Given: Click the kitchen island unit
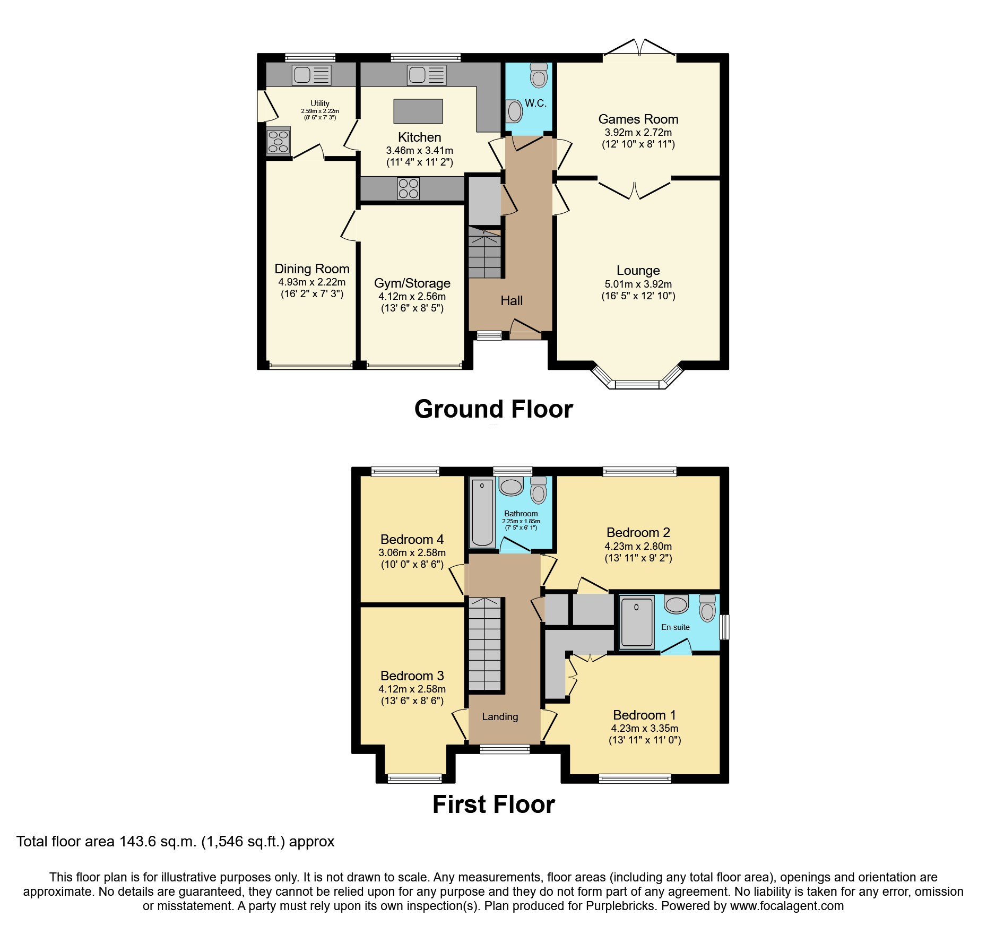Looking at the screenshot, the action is click(x=418, y=111).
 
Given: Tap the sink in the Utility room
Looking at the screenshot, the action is click(x=311, y=75).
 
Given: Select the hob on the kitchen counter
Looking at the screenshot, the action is click(x=409, y=189).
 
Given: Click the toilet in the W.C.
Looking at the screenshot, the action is click(x=539, y=75).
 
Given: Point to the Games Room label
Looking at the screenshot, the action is click(x=638, y=119).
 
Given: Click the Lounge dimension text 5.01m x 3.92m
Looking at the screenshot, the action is click(x=638, y=284).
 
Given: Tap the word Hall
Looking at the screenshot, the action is click(x=512, y=301).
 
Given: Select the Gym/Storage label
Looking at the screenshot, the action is click(x=412, y=283).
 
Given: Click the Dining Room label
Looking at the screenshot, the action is click(x=312, y=269).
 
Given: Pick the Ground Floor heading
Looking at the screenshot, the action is click(x=493, y=409).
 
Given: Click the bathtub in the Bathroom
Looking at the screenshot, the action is click(x=482, y=513).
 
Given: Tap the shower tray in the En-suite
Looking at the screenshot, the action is click(x=636, y=622).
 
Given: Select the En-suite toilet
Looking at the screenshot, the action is click(x=707, y=608).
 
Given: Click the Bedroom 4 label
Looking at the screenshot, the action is click(x=412, y=540).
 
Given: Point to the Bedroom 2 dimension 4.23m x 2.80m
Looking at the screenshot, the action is click(x=638, y=547).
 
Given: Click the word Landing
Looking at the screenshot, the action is click(x=500, y=717).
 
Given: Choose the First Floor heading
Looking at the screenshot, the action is click(x=493, y=804).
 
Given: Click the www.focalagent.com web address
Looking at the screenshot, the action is click(x=787, y=906).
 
